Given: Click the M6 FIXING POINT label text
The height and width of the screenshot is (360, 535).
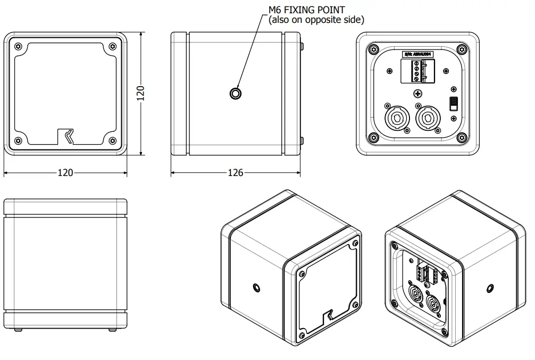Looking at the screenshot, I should (306, 10).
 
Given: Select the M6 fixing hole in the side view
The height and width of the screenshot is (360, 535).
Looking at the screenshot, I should (235, 94).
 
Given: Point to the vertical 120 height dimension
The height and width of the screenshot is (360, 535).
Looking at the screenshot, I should (141, 93).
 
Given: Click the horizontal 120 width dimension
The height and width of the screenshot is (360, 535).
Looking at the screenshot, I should (65, 173).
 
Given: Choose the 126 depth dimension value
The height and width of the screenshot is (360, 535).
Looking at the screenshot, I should (235, 173).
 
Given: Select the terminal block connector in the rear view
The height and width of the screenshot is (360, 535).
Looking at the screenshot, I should (417, 71).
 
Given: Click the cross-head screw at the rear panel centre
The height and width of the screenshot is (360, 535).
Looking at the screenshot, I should (419, 94).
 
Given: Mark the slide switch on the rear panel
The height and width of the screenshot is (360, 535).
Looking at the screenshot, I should (454, 103).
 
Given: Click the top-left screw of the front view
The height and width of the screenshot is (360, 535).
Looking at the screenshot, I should (19, 46).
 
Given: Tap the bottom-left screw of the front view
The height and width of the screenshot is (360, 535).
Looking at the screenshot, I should (19, 141).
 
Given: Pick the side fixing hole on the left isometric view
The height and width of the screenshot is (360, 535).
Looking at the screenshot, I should (257, 288).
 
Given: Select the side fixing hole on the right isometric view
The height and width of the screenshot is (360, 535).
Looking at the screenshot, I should (489, 288).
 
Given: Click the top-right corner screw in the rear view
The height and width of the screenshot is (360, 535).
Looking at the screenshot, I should (462, 51).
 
